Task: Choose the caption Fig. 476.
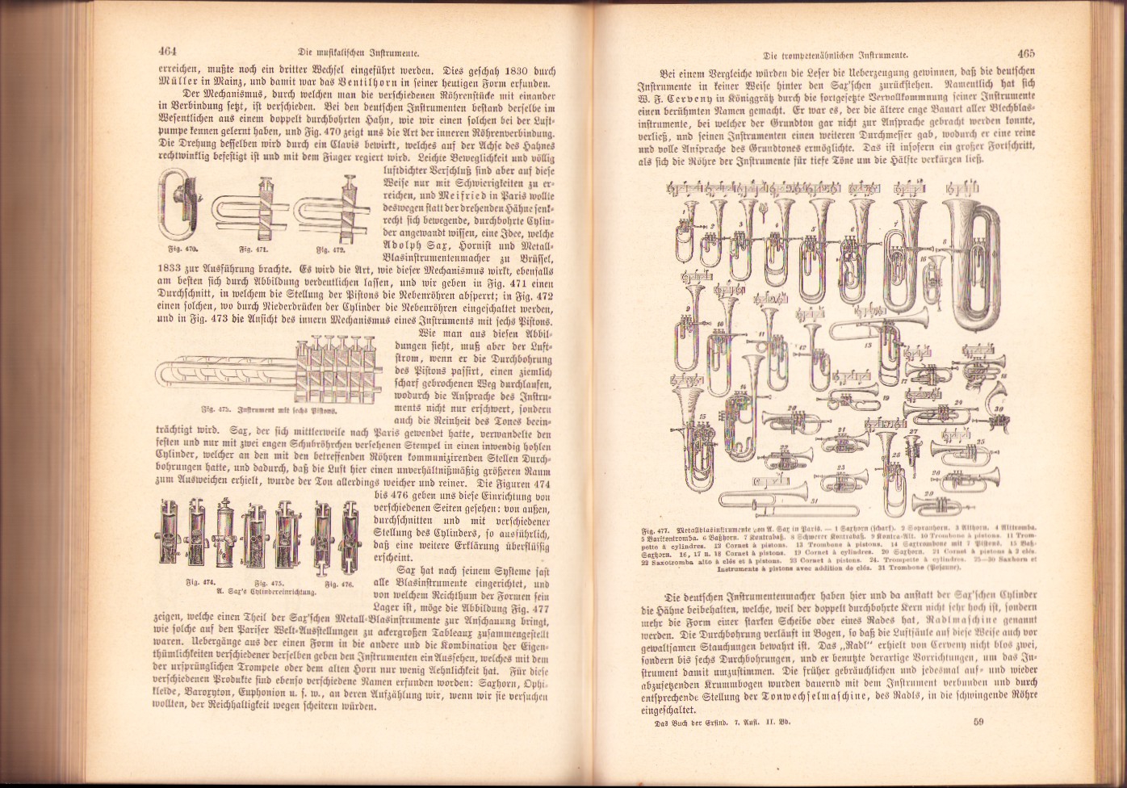point(341,582)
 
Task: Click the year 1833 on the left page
point(168,264)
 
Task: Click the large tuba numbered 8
point(978,262)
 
